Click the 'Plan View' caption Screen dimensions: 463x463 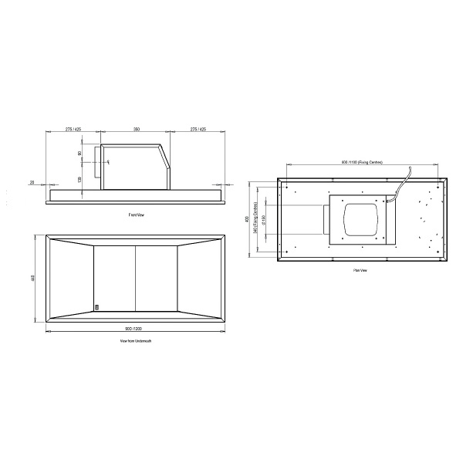(360, 271)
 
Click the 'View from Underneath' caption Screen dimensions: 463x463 (136, 340)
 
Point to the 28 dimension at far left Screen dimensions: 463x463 (32, 183)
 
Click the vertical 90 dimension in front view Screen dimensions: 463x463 (80, 154)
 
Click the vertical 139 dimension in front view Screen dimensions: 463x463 (80, 178)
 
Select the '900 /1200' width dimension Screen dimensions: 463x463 (136, 329)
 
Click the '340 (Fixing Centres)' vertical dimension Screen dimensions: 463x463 (256, 219)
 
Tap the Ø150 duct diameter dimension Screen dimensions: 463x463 (263, 220)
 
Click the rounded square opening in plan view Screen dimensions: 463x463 (360, 220)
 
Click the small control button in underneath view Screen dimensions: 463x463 (97, 306)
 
